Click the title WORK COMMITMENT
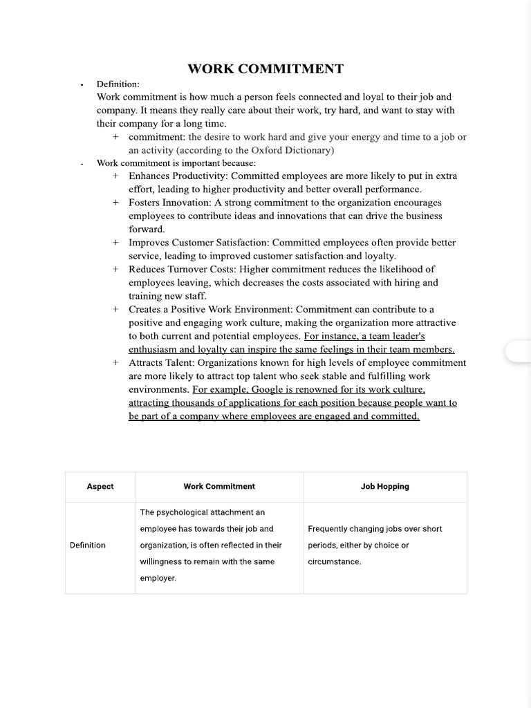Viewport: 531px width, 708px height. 265,68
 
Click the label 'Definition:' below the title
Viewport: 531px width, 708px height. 118,84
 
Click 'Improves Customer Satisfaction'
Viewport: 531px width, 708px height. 198,243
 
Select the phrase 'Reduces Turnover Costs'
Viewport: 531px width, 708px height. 181,269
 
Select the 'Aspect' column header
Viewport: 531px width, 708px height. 100,487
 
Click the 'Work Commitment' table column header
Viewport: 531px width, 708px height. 219,487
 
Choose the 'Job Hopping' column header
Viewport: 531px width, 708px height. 385,487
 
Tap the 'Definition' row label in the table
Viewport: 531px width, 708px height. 88,546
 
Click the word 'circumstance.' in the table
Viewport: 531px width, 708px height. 335,562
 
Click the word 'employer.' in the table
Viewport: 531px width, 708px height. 158,579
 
